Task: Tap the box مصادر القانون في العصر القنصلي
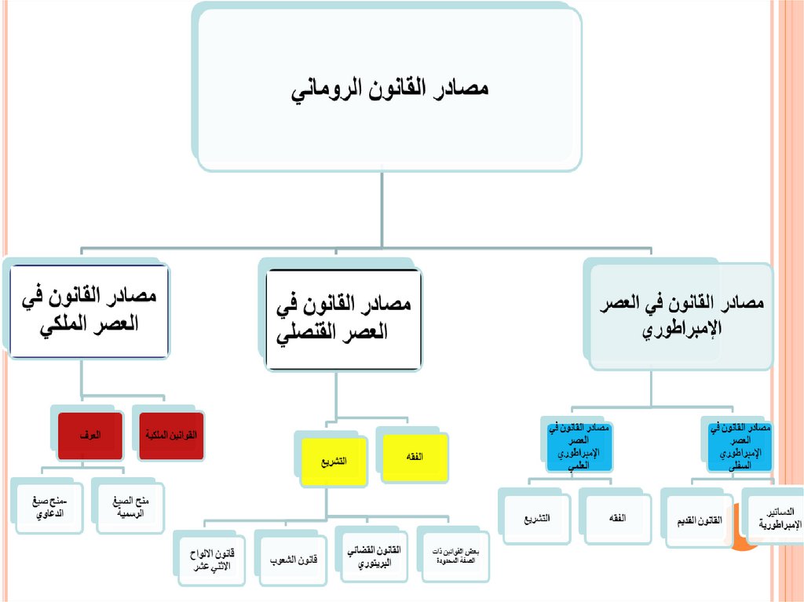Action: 344,319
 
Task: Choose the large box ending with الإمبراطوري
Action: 680,313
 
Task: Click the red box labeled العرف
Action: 90,435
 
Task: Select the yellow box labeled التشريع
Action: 334,460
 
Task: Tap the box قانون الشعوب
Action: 290,560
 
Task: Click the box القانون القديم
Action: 697,520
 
